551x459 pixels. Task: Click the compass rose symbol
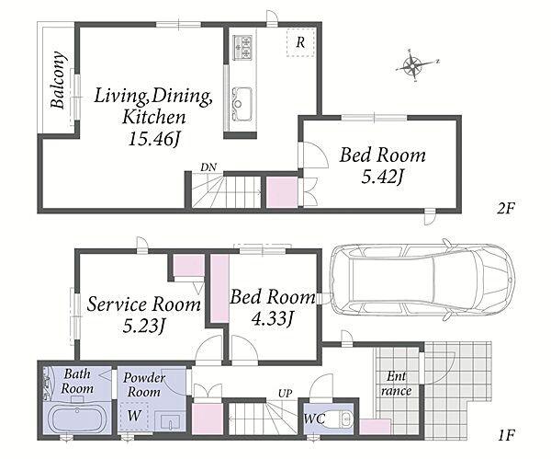413,65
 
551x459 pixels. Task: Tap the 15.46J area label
154,139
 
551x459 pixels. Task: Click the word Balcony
58,80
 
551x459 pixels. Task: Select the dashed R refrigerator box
300,42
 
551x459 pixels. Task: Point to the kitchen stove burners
242,47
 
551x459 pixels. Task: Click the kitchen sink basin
242,103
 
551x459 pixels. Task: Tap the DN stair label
208,167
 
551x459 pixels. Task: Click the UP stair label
285,393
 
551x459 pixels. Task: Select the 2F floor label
506,209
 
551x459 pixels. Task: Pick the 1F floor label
506,436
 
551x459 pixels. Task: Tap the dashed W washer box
134,416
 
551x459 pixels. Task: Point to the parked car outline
422,280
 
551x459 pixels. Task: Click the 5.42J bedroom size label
382,177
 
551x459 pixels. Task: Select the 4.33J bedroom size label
273,318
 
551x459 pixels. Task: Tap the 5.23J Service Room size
144,326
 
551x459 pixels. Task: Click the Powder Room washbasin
171,421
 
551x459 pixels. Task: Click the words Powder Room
144,384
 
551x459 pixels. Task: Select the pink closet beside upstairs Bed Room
282,192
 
